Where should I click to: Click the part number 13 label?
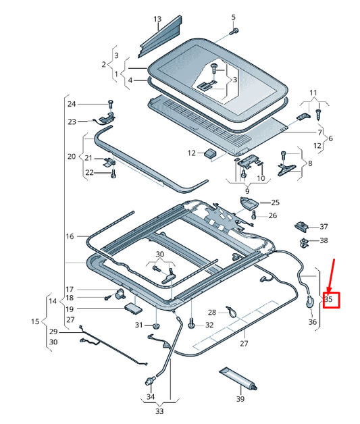pos(157,19)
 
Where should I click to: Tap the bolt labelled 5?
pos(234,31)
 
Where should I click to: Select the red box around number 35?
pos(332,300)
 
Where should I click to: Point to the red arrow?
pos(331,276)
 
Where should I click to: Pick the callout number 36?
pos(313,322)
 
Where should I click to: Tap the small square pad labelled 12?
pos(210,153)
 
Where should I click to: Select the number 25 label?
pos(275,203)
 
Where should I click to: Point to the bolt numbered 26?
pos(254,215)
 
